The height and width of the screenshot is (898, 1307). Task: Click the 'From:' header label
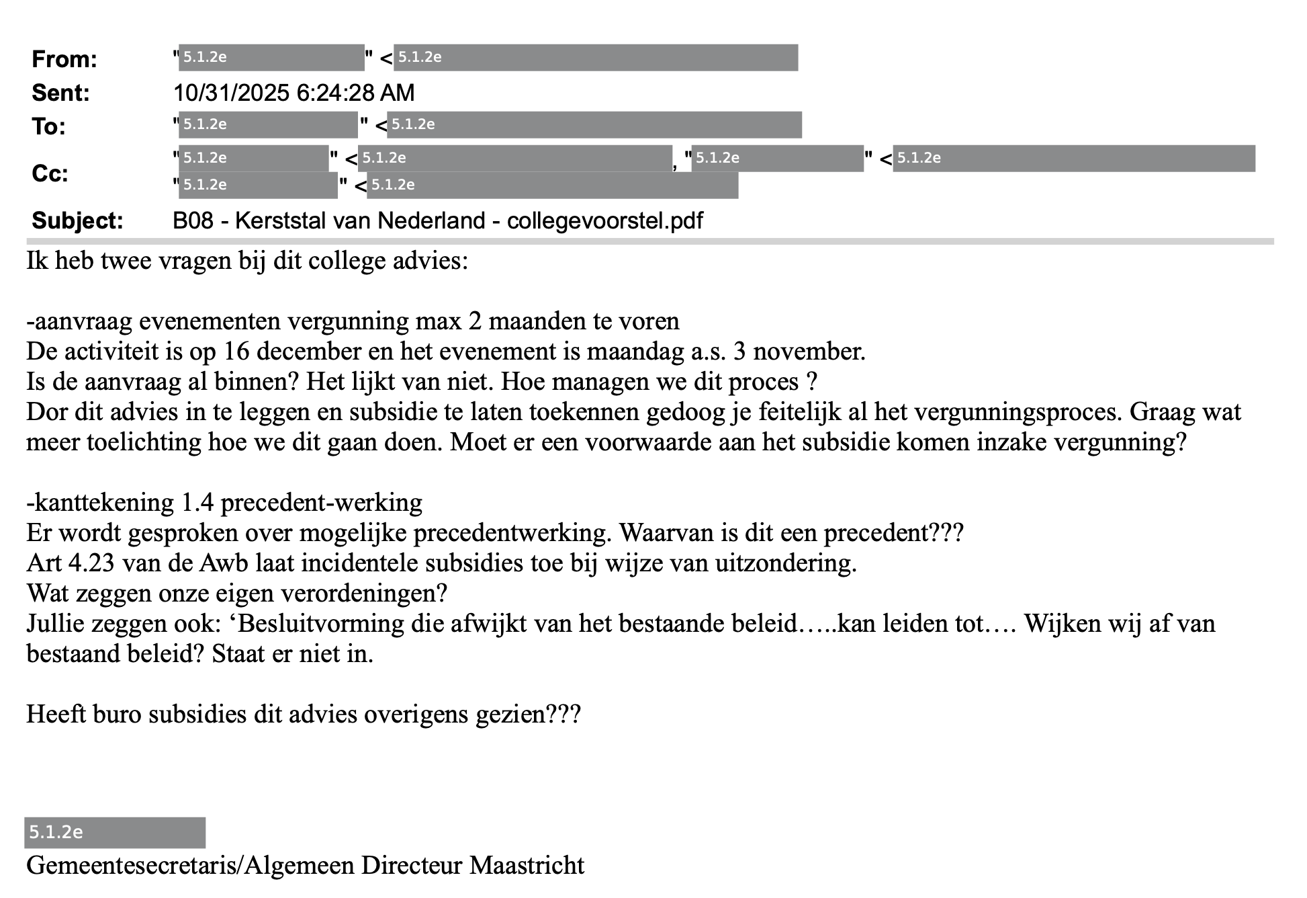[x=64, y=59]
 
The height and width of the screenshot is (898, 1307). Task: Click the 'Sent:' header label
[x=60, y=93]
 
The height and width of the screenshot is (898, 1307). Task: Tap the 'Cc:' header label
[x=50, y=174]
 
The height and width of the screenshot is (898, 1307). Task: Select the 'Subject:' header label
[x=77, y=220]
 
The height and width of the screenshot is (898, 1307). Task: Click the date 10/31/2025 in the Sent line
[x=232, y=93]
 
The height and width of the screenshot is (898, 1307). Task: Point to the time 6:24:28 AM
[x=355, y=93]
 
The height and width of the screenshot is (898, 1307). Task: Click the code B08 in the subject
[x=193, y=220]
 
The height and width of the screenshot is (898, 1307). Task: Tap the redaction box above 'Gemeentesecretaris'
[x=115, y=833]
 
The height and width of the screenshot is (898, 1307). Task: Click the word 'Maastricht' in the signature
[x=527, y=865]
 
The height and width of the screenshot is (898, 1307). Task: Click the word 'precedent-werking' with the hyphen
[x=321, y=502]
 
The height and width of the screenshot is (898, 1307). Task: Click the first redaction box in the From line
[x=271, y=58]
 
